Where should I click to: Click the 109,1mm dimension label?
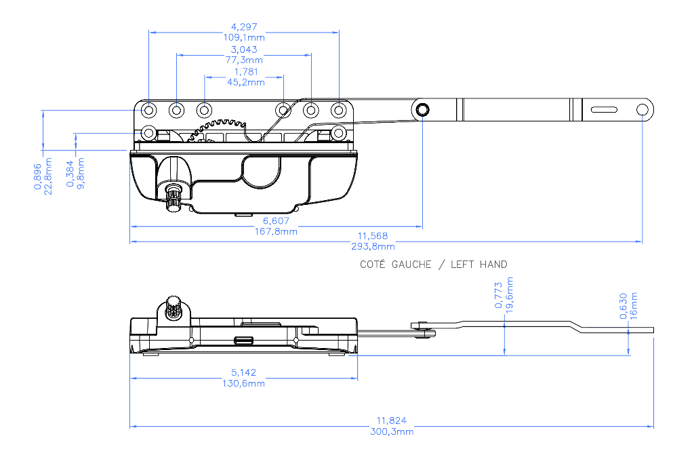[x=244, y=37]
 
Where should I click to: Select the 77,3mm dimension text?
[x=244, y=60]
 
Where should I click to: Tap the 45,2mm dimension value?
[x=245, y=82]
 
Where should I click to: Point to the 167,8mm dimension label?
[x=276, y=231]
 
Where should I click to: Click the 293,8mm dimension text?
[x=373, y=246]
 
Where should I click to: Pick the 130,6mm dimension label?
[x=243, y=383]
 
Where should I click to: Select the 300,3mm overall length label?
[x=392, y=431]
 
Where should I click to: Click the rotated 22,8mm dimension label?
[x=48, y=176]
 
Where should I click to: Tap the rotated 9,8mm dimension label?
[x=81, y=173]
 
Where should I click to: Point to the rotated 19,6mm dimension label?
[x=510, y=295]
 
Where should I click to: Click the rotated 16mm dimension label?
[x=634, y=306]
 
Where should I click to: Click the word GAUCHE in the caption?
[x=411, y=265]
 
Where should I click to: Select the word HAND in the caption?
[x=493, y=265]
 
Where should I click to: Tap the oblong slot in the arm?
[x=604, y=109]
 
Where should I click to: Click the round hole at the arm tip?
[x=642, y=109]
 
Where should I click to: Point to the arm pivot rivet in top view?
[x=422, y=109]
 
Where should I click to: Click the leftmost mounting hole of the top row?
[x=148, y=109]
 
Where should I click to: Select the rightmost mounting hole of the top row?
[x=339, y=109]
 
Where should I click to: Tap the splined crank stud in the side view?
[x=174, y=306]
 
